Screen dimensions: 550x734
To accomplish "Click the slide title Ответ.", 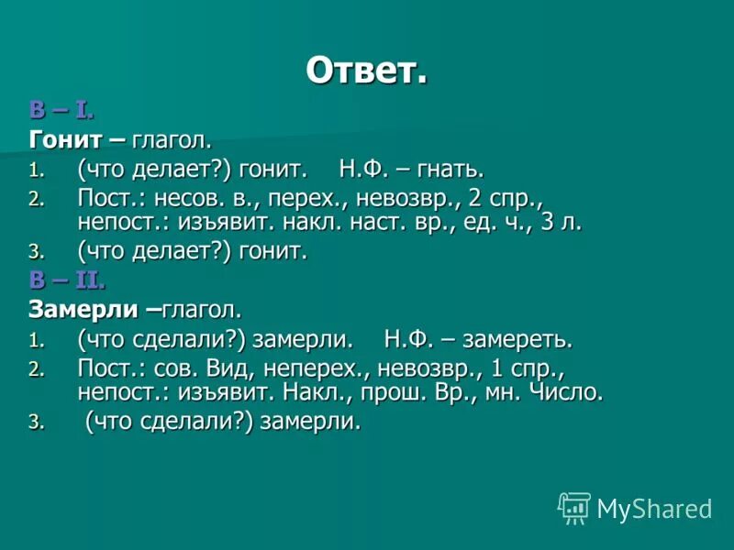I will [x=366, y=71].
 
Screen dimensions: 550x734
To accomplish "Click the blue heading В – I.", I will [x=61, y=111].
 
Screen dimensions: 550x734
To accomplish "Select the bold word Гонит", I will [x=61, y=140].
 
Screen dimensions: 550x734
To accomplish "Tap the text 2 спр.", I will [x=491, y=198].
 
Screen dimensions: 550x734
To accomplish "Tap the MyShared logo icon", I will [x=574, y=507].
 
